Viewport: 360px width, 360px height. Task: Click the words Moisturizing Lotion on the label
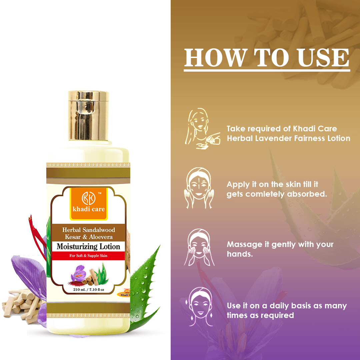pos(88,247)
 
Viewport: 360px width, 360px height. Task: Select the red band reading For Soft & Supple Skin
pos(88,256)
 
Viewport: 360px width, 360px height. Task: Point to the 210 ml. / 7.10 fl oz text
pos(88,290)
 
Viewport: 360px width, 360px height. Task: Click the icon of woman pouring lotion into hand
pos(200,128)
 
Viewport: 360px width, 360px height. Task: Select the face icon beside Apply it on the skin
pos(198,188)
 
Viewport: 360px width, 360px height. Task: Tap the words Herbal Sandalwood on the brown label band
pos(88,230)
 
